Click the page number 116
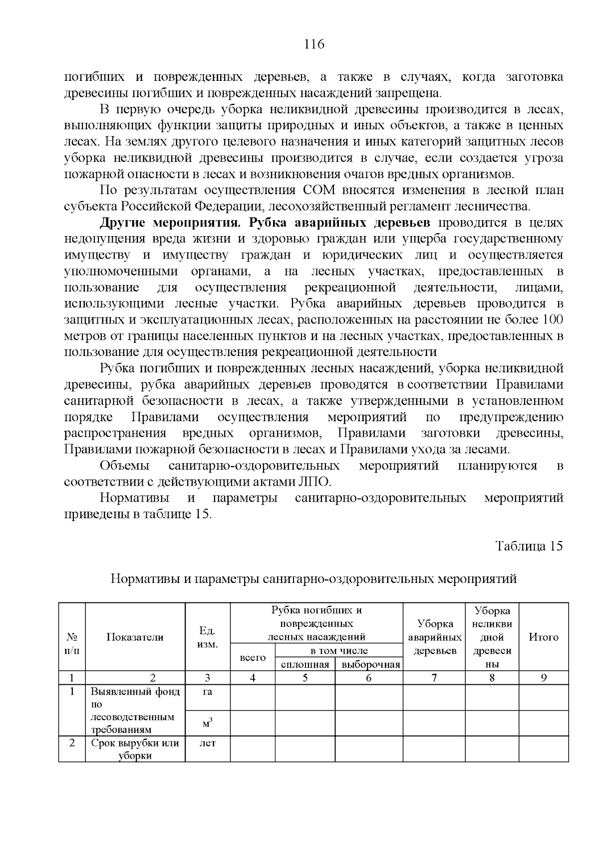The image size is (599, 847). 314,44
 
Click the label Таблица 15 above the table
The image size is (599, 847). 529,546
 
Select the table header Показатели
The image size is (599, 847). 135,637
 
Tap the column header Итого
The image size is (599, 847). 543,637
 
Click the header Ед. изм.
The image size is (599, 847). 207,637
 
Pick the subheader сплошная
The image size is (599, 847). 305,664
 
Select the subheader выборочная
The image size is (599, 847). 368,664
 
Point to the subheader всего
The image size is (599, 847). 253,658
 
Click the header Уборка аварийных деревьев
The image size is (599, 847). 434,637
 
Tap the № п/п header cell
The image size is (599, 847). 72,644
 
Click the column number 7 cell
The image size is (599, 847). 434,678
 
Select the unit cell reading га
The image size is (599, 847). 207,692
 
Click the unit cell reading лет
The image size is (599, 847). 207,743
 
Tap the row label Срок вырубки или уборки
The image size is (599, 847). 135,749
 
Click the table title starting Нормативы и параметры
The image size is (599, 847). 313,579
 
